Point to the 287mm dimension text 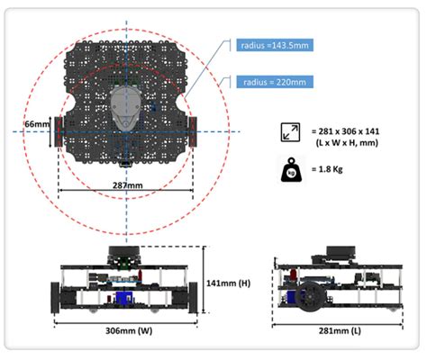click(x=126, y=185)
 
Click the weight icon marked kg click(x=291, y=169)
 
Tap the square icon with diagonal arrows click(x=291, y=131)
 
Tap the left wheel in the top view click(x=60, y=132)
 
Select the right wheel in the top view click(x=191, y=132)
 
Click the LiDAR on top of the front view click(x=126, y=252)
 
